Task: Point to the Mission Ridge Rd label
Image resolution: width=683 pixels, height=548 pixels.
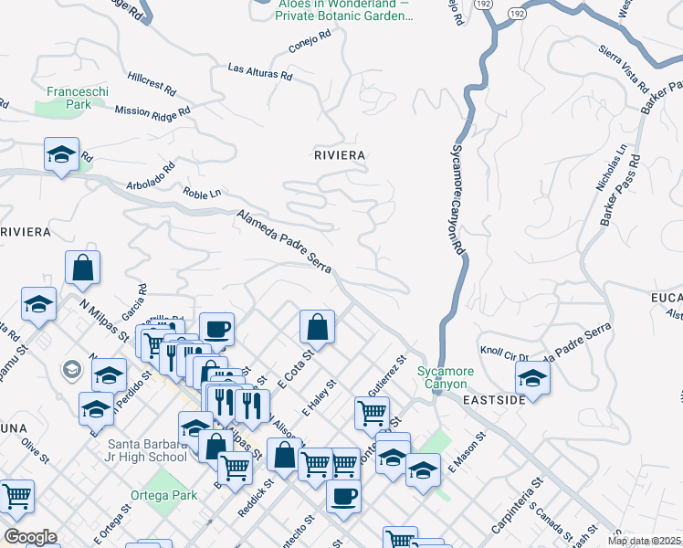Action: coord(152,111)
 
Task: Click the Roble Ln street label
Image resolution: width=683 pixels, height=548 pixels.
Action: coord(202,194)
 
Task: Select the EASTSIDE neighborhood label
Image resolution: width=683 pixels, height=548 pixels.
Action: coord(493,400)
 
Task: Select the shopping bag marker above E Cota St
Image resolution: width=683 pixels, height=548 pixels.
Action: coord(317,326)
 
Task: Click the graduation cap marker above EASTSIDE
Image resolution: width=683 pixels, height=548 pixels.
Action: coord(532,376)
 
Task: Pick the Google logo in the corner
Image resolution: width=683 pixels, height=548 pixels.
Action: coord(30,537)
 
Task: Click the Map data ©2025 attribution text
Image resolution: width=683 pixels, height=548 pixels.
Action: coord(644,541)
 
